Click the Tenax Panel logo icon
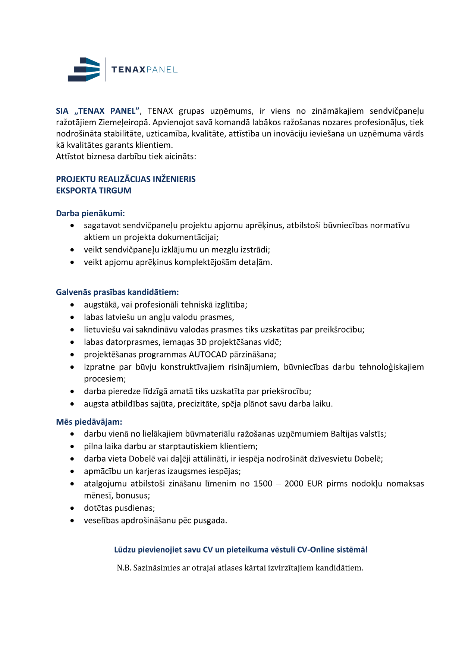pyautogui.click(x=84, y=69)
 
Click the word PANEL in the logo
pyautogui.click(x=162, y=70)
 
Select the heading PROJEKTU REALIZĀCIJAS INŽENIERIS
pyautogui.click(x=126, y=179)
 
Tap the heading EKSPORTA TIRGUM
pyautogui.click(x=94, y=191)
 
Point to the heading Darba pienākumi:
pyautogui.click(x=90, y=213)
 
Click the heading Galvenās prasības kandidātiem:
pyautogui.click(x=117, y=292)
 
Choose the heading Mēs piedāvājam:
pyautogui.click(x=89, y=422)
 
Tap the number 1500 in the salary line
pyautogui.click(x=263, y=484)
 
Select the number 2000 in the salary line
pyautogui.click(x=294, y=484)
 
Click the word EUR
pyautogui.click(x=315, y=484)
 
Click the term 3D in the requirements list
pyautogui.click(x=201, y=342)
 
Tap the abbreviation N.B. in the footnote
pyautogui.click(x=124, y=568)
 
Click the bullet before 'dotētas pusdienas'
pyautogui.click(x=72, y=508)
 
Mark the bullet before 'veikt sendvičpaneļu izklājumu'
pyautogui.click(x=72, y=250)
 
